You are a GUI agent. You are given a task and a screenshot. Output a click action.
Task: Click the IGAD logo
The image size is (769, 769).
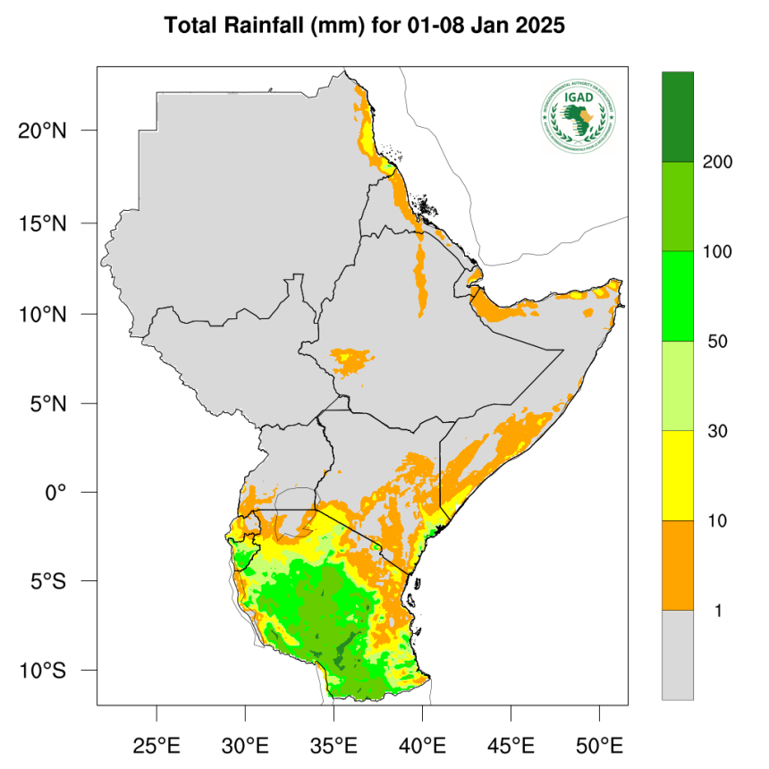click(x=579, y=116)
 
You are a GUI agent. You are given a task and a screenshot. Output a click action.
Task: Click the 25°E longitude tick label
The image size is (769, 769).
click(x=156, y=744)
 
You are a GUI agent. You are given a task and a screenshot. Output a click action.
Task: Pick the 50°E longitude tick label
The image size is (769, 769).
click(x=598, y=744)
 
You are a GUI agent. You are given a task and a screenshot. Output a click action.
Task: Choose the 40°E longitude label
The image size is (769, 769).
click(x=421, y=744)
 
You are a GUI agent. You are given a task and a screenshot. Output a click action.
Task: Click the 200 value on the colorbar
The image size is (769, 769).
click(x=717, y=162)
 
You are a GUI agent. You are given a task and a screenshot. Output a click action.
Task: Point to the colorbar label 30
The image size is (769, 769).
click(x=714, y=431)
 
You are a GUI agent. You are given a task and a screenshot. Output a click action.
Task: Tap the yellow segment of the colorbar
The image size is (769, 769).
click(x=677, y=475)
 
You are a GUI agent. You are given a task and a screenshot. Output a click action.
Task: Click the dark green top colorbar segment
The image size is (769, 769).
click(x=677, y=116)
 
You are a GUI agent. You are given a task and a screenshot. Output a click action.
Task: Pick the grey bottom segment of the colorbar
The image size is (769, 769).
click(x=677, y=655)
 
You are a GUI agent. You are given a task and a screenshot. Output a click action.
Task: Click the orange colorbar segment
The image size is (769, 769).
click(x=677, y=565)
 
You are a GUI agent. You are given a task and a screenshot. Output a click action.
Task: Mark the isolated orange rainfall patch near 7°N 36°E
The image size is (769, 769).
click(x=352, y=360)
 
